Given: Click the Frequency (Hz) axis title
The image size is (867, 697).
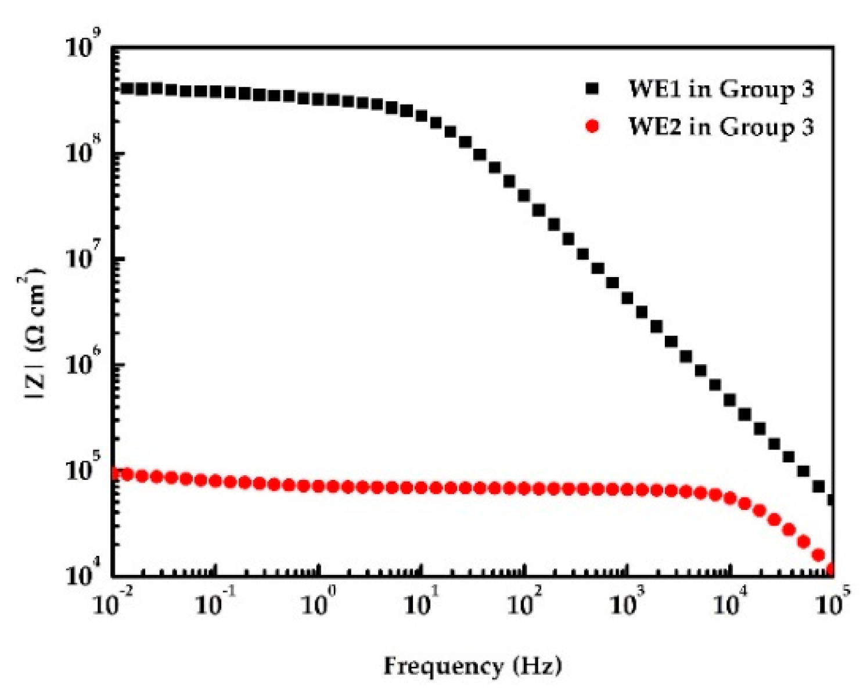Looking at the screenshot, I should click(473, 666).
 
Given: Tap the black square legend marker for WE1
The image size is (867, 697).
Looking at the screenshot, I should click(592, 88).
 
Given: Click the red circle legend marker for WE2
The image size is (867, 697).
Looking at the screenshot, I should click(592, 126).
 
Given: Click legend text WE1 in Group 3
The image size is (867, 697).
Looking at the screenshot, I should click(721, 89).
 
